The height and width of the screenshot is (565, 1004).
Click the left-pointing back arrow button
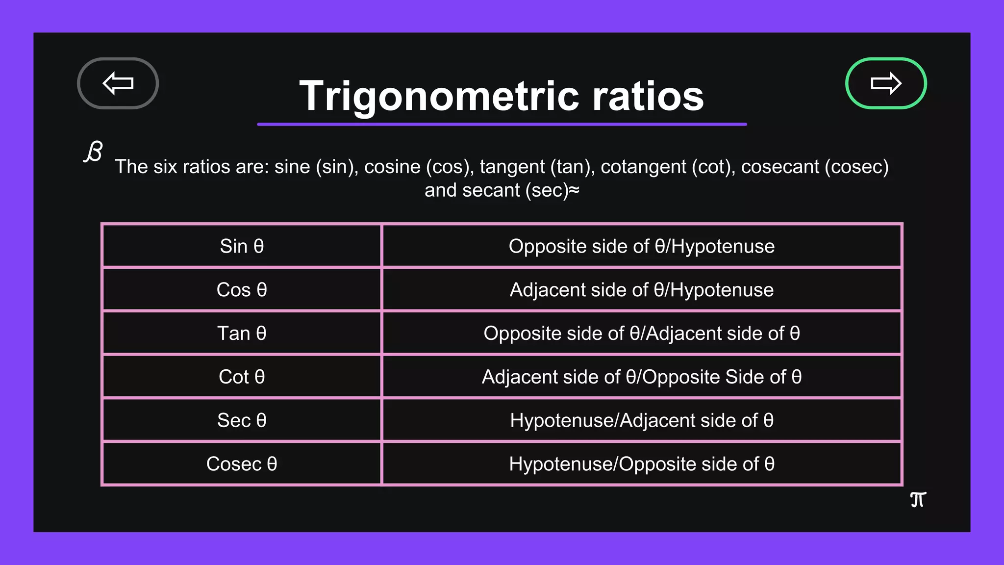tap(118, 83)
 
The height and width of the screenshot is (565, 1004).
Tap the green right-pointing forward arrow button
tap(885, 83)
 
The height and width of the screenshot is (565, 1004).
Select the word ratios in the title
tap(648, 96)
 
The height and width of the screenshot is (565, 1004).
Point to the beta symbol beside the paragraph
tap(93, 152)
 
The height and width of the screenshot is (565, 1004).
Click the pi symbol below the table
tap(918, 500)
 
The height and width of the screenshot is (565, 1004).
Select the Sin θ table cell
tap(242, 246)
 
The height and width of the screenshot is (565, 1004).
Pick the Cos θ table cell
tap(242, 290)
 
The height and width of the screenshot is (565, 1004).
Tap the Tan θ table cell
tap(242, 334)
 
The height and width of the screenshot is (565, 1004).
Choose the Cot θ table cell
tap(242, 377)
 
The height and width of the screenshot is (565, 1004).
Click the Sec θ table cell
tap(242, 420)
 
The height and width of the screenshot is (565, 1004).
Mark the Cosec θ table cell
tap(242, 464)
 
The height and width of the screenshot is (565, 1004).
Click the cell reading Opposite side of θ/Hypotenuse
tap(641, 246)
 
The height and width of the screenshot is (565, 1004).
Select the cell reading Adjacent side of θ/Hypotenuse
tap(641, 290)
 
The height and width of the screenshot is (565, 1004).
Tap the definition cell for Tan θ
tap(641, 334)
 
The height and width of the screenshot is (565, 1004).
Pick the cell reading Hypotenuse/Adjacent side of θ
tap(641, 420)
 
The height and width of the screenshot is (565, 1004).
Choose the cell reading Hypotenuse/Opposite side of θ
tap(641, 464)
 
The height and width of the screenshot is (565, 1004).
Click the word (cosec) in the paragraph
tap(856, 167)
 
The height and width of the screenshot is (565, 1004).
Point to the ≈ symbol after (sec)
tap(574, 190)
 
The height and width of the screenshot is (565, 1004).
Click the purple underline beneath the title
tap(502, 125)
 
